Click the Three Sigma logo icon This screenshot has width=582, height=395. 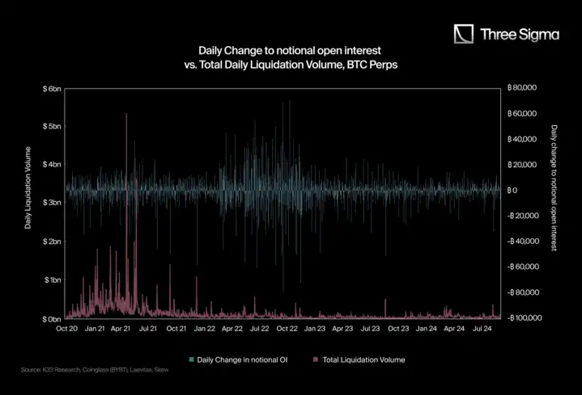[464, 34]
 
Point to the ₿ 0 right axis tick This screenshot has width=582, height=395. [512, 191]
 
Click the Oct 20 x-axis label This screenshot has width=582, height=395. [67, 329]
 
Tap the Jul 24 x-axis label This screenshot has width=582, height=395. [482, 329]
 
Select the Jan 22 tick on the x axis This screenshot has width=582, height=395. [205, 329]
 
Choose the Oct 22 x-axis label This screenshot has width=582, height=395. [287, 329]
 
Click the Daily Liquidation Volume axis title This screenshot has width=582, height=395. [28, 187]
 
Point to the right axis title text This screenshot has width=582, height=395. [554, 187]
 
